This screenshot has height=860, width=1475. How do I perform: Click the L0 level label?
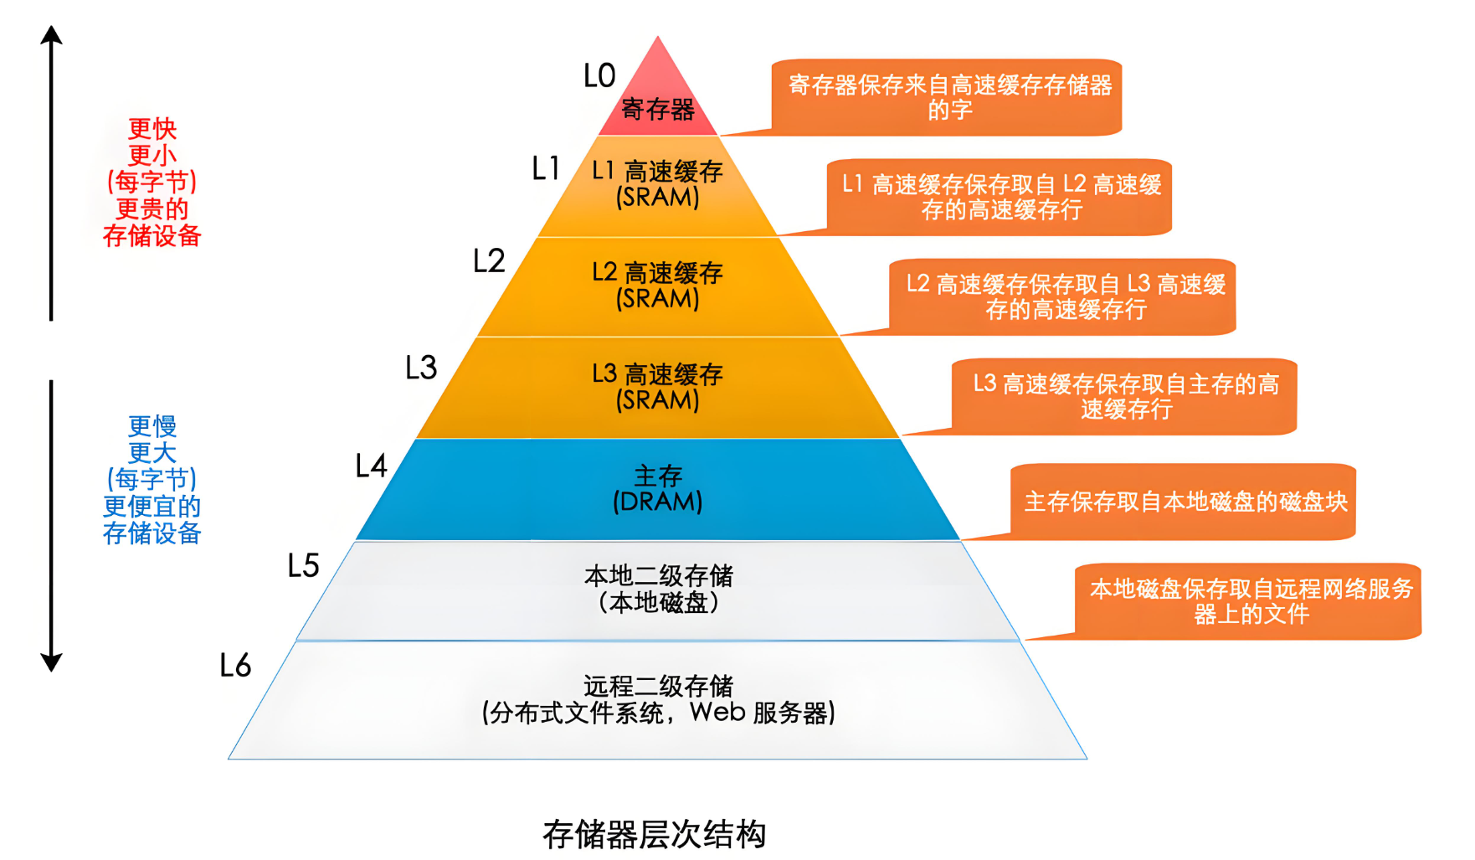[599, 76]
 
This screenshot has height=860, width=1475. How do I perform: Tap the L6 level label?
[235, 666]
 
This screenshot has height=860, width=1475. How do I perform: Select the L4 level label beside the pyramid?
[371, 466]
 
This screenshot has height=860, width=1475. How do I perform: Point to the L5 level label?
[303, 566]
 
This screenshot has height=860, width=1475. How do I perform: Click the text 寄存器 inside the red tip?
[658, 110]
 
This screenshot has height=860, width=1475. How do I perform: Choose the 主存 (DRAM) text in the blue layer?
[658, 489]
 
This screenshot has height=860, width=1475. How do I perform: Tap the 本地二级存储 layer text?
[658, 576]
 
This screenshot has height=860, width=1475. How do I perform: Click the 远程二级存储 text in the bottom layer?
[658, 687]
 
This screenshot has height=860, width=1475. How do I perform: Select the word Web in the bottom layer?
[717, 713]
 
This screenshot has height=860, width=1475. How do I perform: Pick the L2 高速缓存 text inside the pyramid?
[658, 273]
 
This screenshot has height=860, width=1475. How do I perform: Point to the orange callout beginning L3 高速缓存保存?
[1126, 397]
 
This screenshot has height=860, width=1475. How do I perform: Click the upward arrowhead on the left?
[52, 34]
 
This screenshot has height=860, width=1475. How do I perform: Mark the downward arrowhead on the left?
[52, 662]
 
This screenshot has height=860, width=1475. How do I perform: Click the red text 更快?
[152, 129]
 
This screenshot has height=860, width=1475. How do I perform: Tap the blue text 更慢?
[152, 426]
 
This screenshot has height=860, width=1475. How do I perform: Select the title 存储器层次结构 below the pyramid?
[655, 834]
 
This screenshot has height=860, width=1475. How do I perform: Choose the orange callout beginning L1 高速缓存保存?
[1001, 197]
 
